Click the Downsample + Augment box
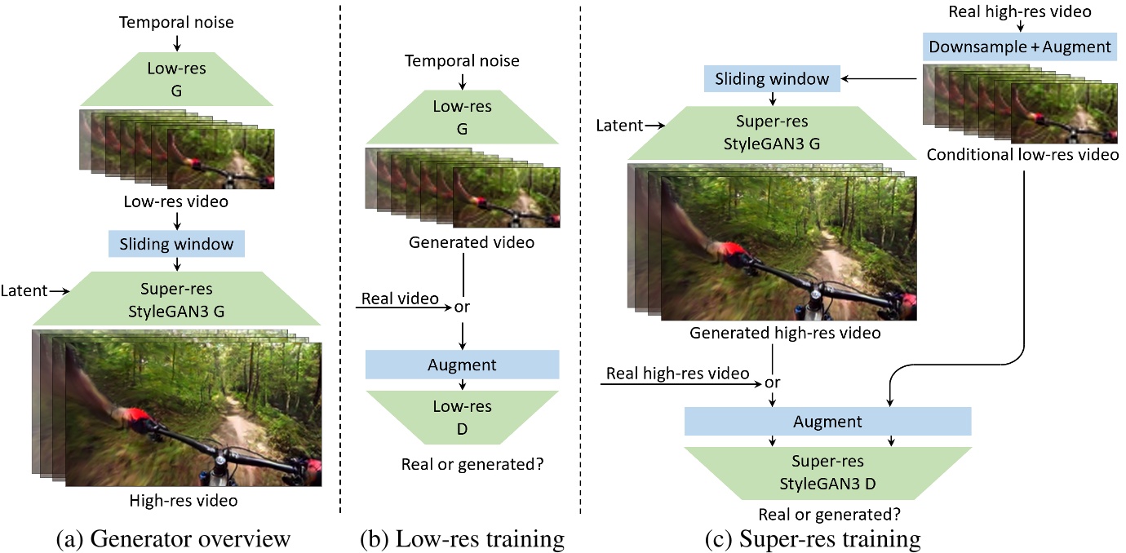click(x=1019, y=46)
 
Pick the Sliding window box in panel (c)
click(x=772, y=79)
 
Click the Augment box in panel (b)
click(x=462, y=365)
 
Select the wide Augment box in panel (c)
click(x=827, y=422)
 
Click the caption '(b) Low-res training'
click(x=462, y=538)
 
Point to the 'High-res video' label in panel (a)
click(x=184, y=500)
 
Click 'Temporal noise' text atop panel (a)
click(x=177, y=22)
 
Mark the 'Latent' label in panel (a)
click(x=22, y=290)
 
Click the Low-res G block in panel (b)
click(x=462, y=116)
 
